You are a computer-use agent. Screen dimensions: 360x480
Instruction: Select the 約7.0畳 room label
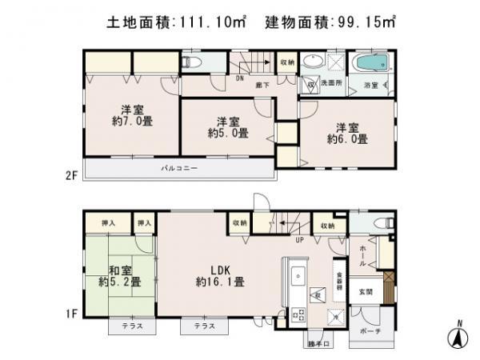[131, 115]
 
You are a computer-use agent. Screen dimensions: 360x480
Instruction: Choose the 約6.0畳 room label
[346, 133]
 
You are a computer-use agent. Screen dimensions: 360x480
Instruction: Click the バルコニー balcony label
[179, 169]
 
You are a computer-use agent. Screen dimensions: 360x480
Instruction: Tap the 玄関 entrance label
[365, 290]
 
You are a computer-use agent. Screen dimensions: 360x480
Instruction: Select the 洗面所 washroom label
[332, 83]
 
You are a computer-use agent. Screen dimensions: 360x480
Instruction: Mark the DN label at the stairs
[239, 78]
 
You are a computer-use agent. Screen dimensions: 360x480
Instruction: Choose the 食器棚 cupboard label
[340, 278]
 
